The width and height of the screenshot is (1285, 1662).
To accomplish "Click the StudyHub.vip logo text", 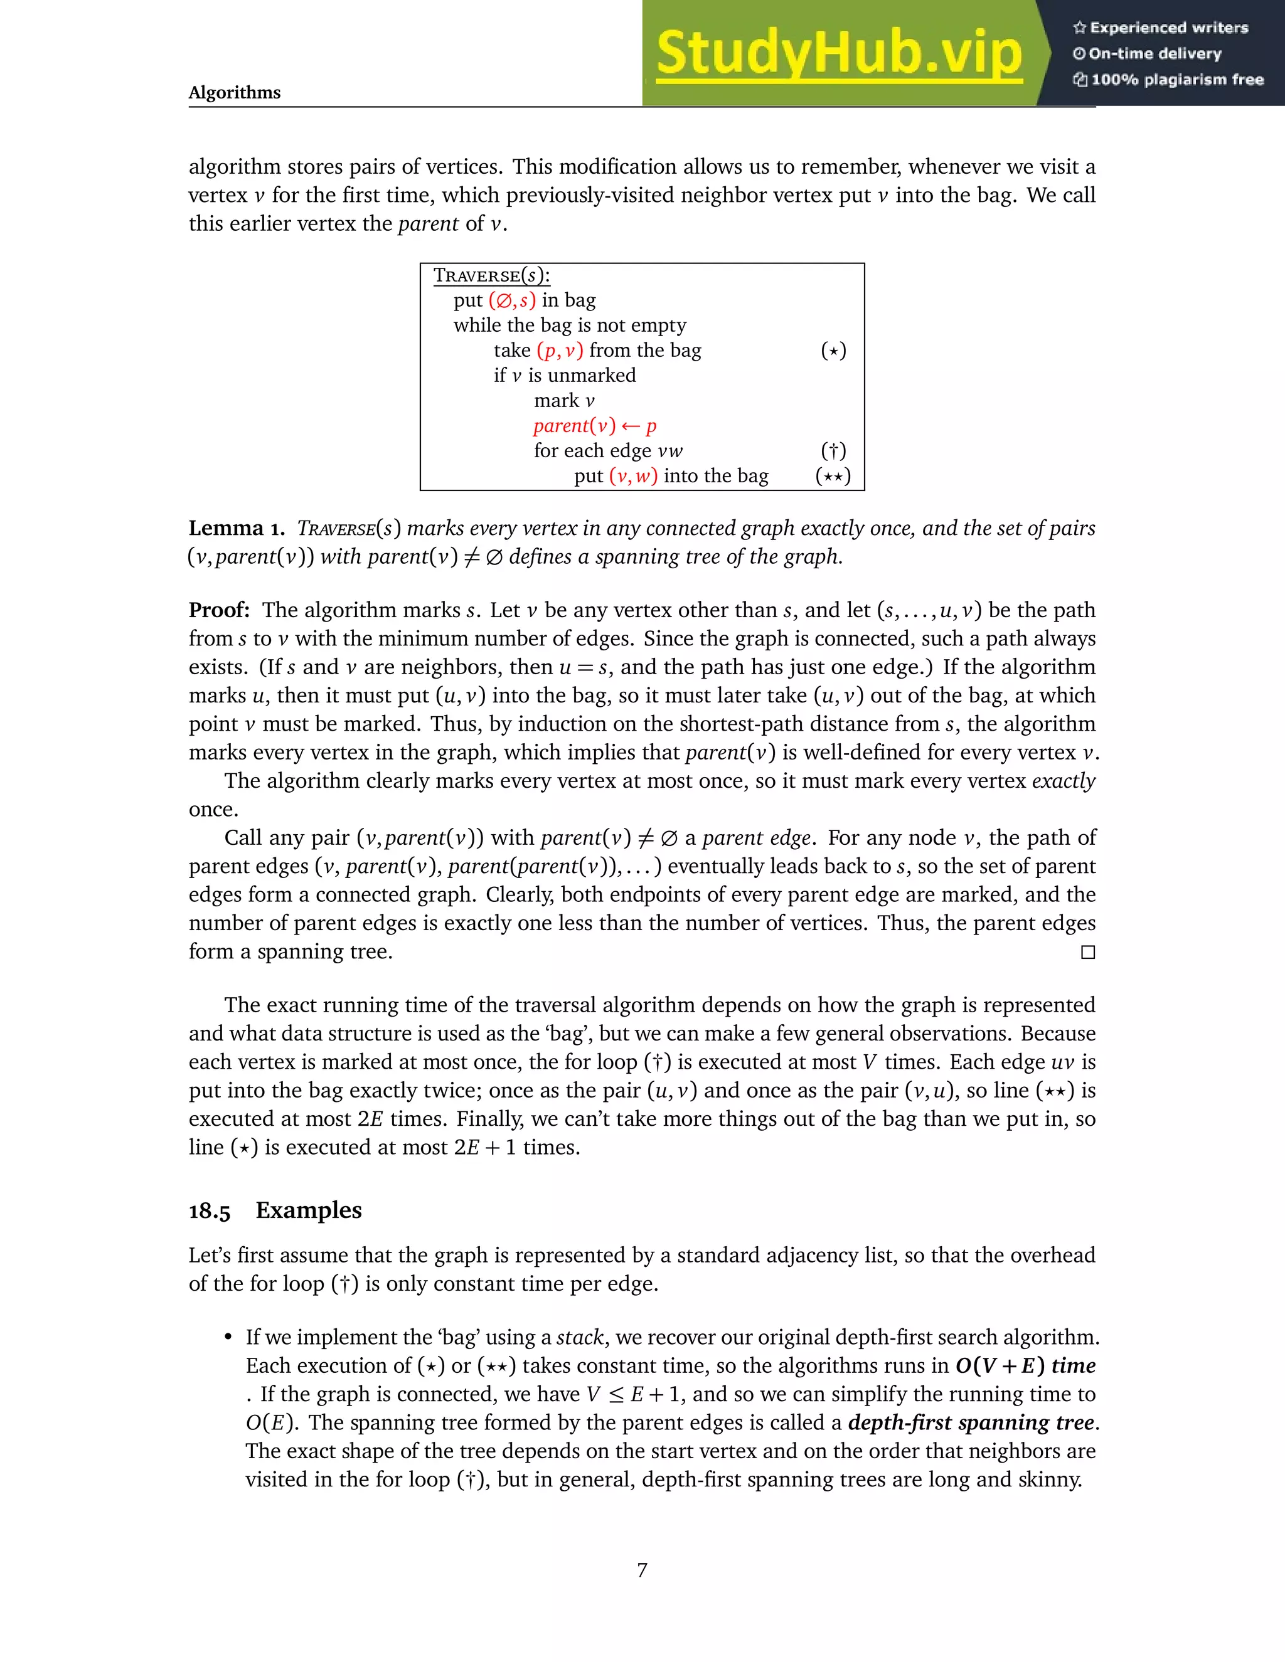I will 838,53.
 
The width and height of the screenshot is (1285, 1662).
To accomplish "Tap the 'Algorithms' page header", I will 235,92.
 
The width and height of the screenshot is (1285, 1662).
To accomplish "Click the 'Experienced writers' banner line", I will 1161,28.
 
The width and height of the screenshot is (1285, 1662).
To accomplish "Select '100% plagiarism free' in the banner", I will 1168,80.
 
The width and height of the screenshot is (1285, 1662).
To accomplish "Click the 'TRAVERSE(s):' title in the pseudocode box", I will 491,275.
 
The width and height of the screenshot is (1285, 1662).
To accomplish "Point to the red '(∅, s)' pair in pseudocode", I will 511,300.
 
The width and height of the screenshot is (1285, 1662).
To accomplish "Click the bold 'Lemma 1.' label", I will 236,528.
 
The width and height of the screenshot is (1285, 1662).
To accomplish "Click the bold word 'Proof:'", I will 219,610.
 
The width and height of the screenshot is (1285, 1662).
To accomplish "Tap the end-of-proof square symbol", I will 1088,952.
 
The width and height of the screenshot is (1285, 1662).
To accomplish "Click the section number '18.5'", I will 210,1210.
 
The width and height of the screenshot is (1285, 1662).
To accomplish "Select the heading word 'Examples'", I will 308,1210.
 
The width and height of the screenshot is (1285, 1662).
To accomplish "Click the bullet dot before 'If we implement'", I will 228,1338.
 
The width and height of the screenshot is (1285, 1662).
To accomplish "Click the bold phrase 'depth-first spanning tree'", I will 971,1423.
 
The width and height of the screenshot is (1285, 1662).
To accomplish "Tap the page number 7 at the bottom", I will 642,1570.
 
